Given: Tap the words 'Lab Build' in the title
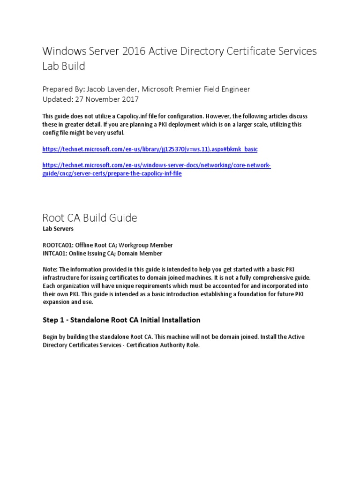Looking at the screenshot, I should tap(64, 66).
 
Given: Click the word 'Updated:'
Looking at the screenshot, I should tap(59, 99).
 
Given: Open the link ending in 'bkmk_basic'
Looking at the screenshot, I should tap(150, 149).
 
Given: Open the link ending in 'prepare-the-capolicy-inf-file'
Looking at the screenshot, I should tap(112, 173).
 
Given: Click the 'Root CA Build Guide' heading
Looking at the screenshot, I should tap(90, 217).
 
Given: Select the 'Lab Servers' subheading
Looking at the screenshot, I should tap(57, 229).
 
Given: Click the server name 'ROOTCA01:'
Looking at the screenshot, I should tap(59, 245).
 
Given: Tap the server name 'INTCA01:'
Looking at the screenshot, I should tap(56, 254).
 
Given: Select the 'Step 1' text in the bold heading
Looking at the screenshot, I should tap(53, 320).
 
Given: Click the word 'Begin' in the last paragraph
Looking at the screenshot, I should tap(51, 337).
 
